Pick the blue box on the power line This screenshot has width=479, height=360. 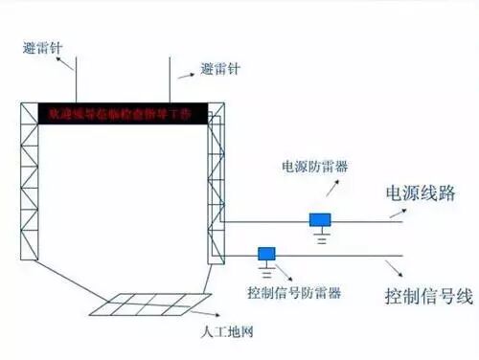click(x=321, y=219)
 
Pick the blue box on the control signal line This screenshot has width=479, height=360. click(x=265, y=253)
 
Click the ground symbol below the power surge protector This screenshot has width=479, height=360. click(x=323, y=236)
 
